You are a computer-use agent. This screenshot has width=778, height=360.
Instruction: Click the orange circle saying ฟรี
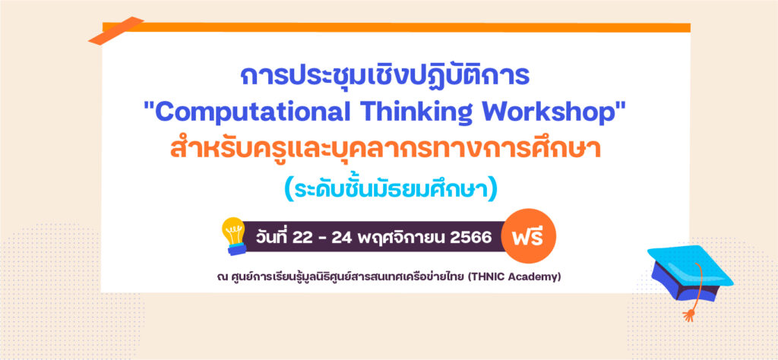[529, 236]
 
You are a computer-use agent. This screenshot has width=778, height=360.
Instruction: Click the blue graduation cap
[690, 274]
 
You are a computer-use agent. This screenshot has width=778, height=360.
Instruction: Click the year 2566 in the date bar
[470, 238]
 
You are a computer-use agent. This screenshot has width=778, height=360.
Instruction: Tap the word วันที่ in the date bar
[271, 236]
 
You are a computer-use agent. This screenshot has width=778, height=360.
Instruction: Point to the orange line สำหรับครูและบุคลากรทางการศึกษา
[385, 149]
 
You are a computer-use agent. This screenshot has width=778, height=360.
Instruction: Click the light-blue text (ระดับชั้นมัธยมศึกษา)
[391, 189]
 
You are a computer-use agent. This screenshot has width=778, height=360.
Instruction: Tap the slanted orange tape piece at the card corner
[116, 30]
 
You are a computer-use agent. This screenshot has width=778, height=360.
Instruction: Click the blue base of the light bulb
[237, 249]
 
